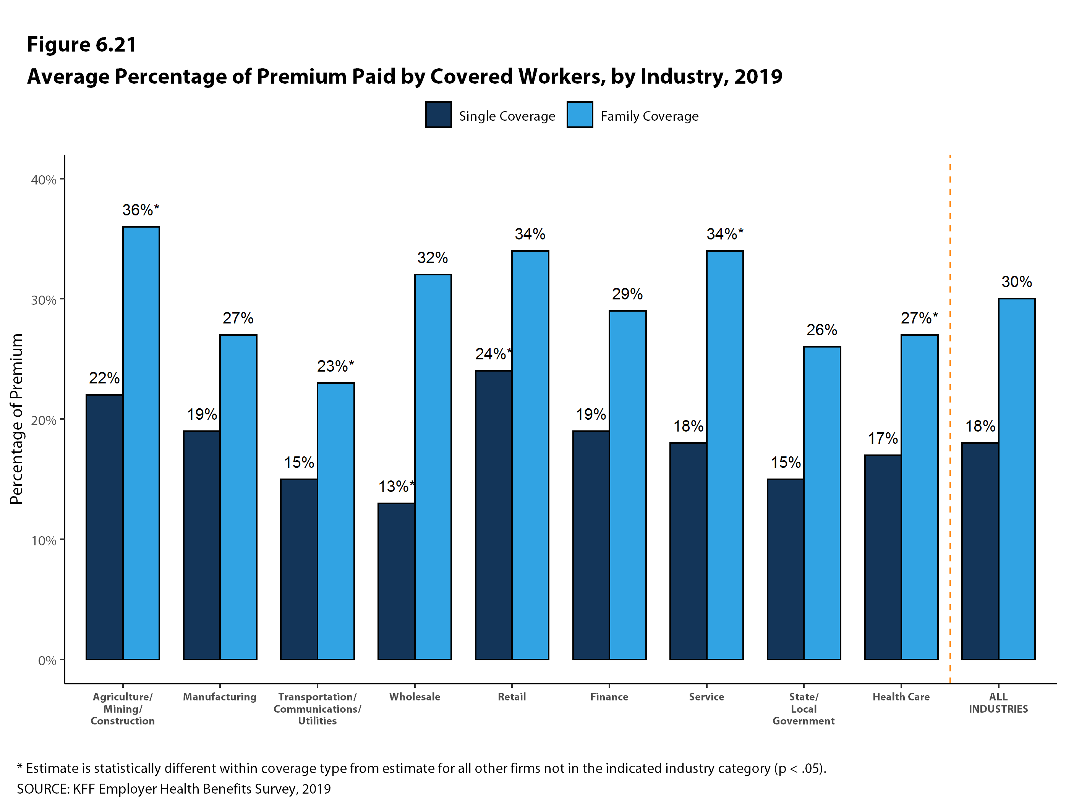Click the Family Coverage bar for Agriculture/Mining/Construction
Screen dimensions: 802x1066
tap(141, 443)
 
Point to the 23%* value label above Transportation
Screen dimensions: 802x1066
tap(335, 367)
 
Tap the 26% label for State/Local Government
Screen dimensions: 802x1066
tap(822, 330)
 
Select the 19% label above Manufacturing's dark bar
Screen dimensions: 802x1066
tap(202, 415)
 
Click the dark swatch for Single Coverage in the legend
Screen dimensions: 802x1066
tap(439, 115)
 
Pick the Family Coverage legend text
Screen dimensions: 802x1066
tap(649, 116)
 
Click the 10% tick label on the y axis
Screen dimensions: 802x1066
tap(44, 541)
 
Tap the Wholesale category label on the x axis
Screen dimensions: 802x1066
tap(415, 697)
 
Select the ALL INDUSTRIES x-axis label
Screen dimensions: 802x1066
tap(998, 703)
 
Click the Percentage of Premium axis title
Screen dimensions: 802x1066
tap(17, 419)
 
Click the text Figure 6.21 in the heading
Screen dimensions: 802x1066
tap(82, 45)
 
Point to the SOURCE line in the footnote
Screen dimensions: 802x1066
tap(173, 789)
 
